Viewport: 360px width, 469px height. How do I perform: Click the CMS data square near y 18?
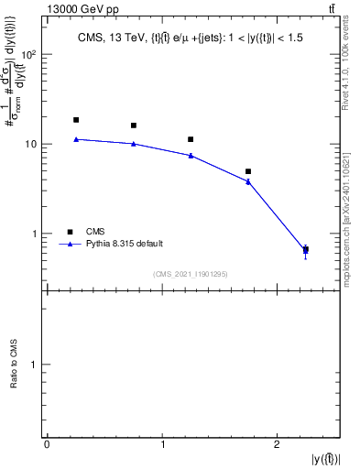pyautogui.click(x=76, y=120)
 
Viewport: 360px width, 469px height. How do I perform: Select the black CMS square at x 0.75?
pyautogui.click(x=134, y=125)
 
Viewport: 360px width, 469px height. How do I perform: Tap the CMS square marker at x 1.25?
pyautogui.click(x=191, y=139)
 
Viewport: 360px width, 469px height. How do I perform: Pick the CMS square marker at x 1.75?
pyautogui.click(x=248, y=171)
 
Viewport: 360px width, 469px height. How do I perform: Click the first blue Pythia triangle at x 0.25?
pyautogui.click(x=76, y=139)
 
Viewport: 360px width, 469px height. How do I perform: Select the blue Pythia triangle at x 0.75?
pyautogui.click(x=134, y=144)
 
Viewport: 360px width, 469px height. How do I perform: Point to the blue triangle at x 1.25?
pyautogui.click(x=191, y=156)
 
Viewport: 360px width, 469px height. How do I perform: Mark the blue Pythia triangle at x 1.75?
pyautogui.click(x=248, y=181)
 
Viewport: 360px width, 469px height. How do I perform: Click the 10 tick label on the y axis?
pyautogui.click(x=33, y=144)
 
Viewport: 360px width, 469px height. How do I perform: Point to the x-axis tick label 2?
pyautogui.click(x=277, y=444)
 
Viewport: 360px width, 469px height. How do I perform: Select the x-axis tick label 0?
pyautogui.click(x=47, y=444)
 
